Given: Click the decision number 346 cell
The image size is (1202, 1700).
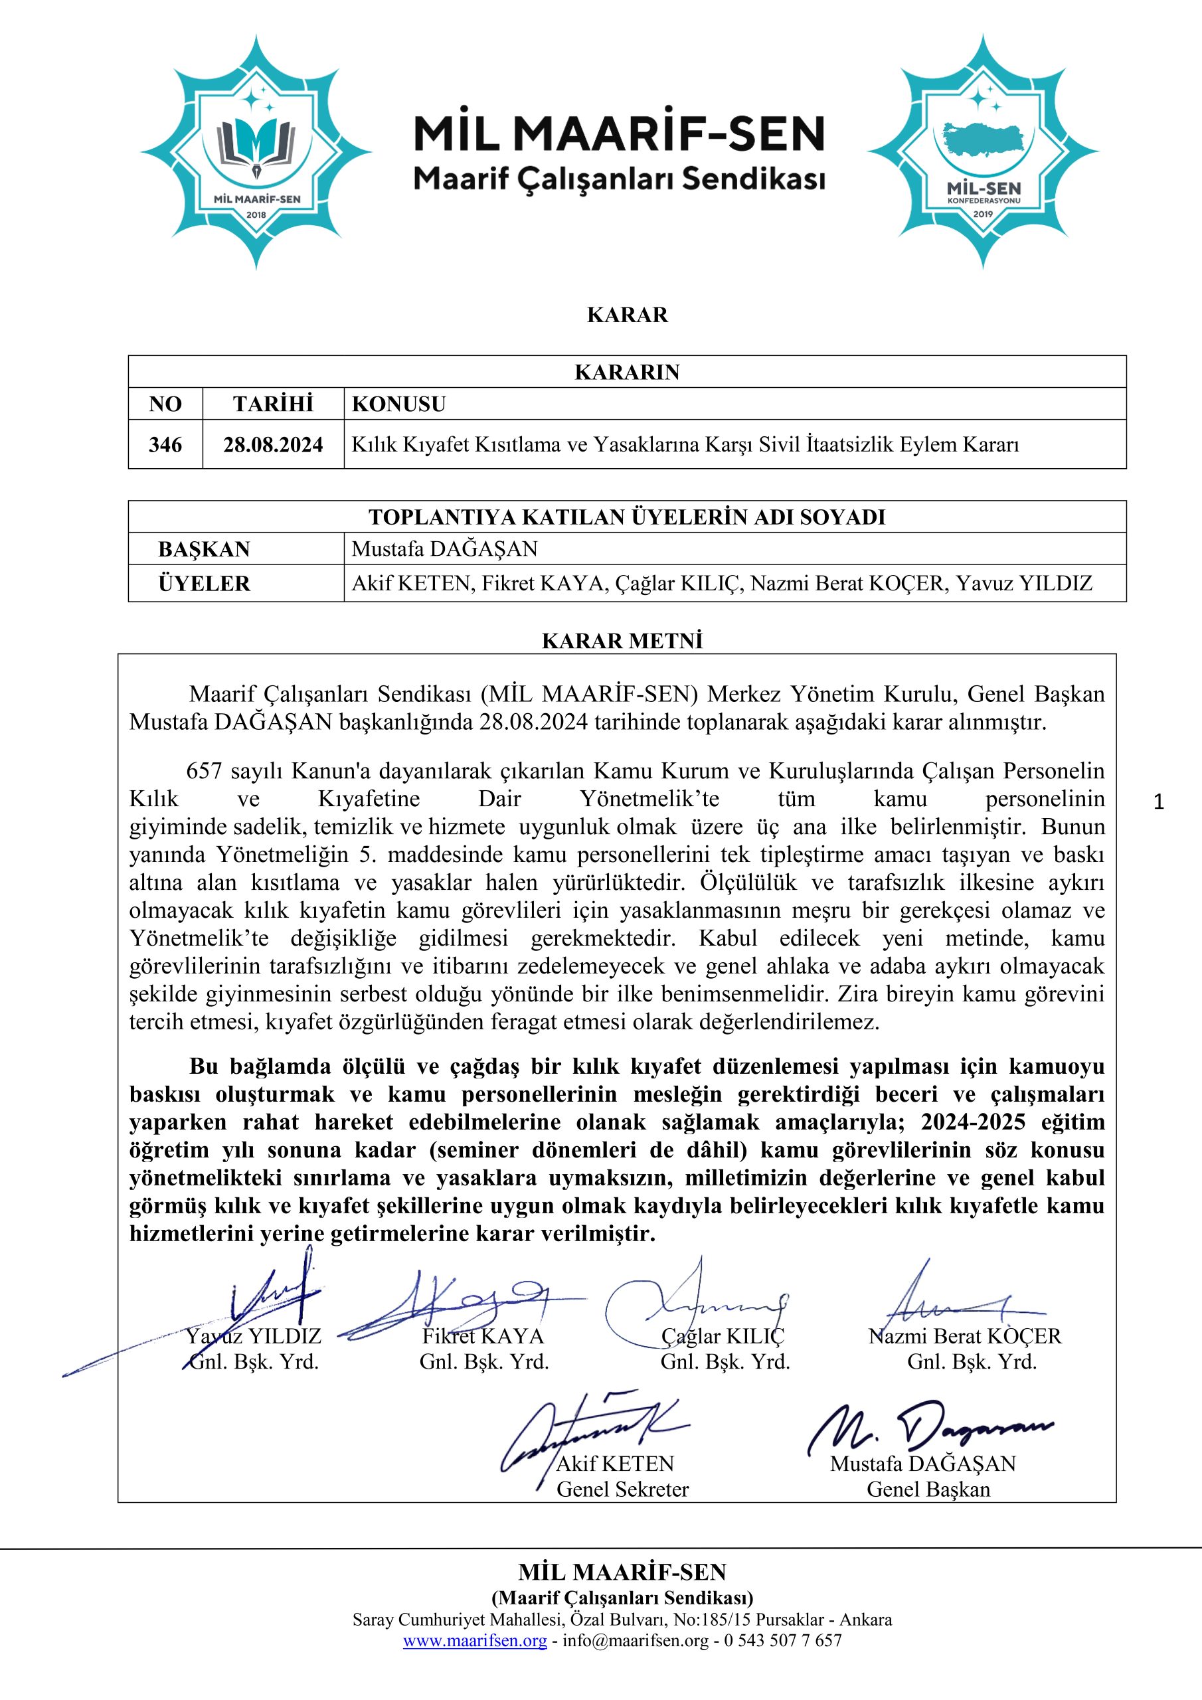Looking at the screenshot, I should [165, 444].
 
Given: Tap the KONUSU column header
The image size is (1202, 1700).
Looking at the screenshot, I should [398, 404].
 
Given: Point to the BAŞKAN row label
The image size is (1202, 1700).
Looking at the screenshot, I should [204, 549].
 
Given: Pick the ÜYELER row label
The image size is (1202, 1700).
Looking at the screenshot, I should [204, 584].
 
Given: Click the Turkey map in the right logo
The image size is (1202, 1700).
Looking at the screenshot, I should [984, 141].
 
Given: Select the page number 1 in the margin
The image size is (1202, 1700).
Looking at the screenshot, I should [1159, 802].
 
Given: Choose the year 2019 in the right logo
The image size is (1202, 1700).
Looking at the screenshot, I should [983, 213].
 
